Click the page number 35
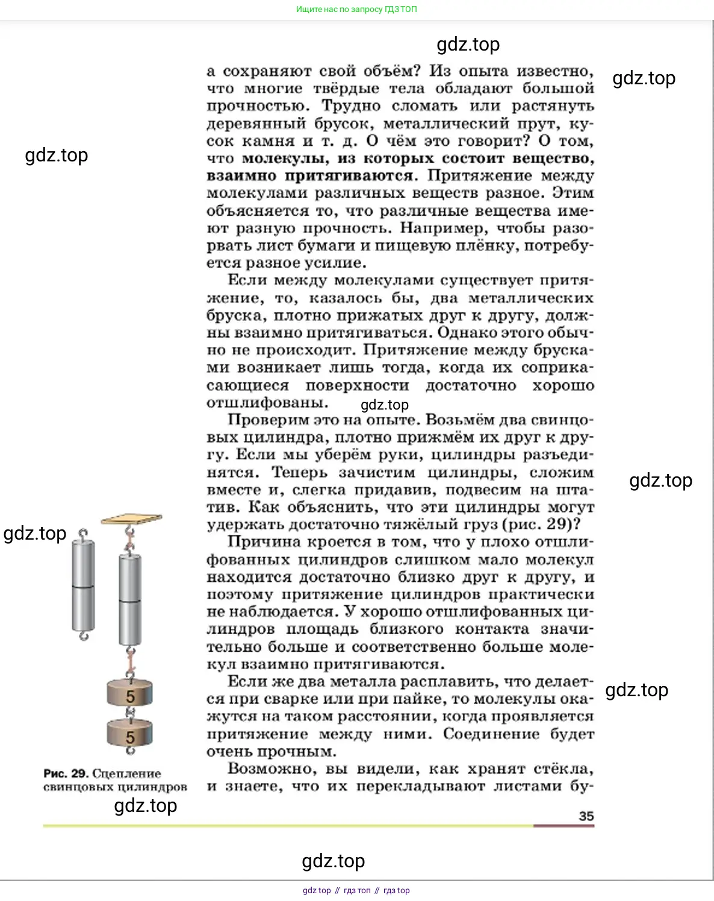(586, 816)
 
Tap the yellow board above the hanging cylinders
(131, 519)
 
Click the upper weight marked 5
(129, 694)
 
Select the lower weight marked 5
(129, 734)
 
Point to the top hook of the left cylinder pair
(84, 534)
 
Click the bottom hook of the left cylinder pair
(84, 636)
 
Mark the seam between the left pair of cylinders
(83, 586)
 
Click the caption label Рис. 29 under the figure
(66, 773)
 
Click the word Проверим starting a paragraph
(261, 420)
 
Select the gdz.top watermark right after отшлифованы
(385, 405)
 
